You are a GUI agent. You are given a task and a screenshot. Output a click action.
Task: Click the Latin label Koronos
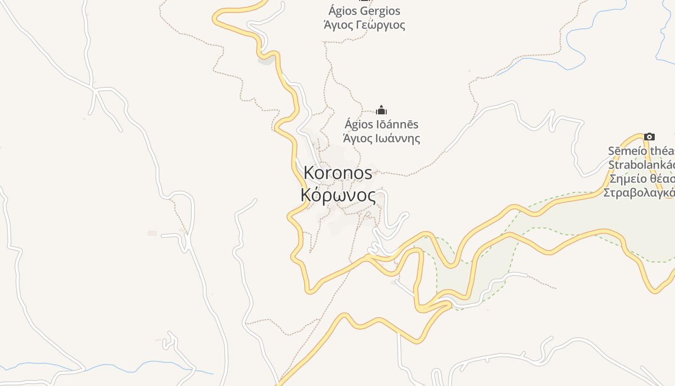click(x=338, y=173)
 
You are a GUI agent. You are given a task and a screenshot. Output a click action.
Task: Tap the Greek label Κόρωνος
click(x=338, y=195)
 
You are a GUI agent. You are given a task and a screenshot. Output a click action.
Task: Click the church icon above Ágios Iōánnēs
click(x=381, y=110)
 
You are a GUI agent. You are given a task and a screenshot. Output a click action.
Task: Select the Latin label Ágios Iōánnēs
click(x=381, y=124)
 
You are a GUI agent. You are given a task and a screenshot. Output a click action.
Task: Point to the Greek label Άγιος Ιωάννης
click(x=381, y=138)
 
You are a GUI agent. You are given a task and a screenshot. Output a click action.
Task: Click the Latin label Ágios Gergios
click(x=364, y=11)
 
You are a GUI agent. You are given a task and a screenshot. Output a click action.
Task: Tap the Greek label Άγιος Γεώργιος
click(x=364, y=25)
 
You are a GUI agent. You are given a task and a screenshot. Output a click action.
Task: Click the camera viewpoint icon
click(x=649, y=137)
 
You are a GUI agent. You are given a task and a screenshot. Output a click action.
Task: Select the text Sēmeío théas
click(x=641, y=151)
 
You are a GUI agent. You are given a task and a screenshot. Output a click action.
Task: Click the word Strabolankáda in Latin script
click(x=641, y=165)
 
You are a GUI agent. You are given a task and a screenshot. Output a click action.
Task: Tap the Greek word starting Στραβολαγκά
click(x=639, y=193)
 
